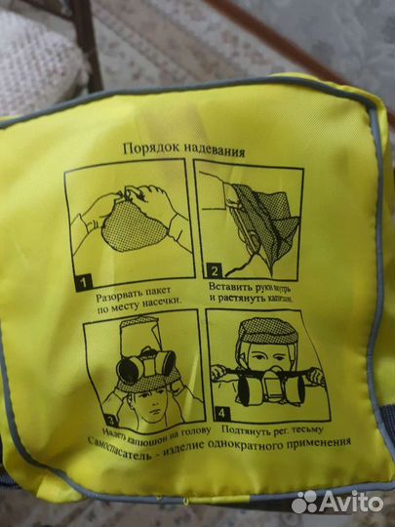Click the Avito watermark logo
point(336,502)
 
